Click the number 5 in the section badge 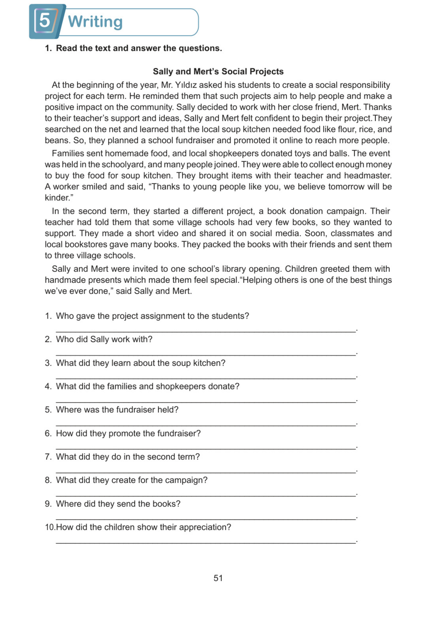[45, 21]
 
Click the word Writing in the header [95, 22]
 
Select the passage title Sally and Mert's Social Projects [218, 71]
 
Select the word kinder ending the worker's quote [57, 198]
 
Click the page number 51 [218, 578]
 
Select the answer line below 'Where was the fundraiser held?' [206, 425]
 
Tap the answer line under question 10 [206, 542]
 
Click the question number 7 [48, 457]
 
